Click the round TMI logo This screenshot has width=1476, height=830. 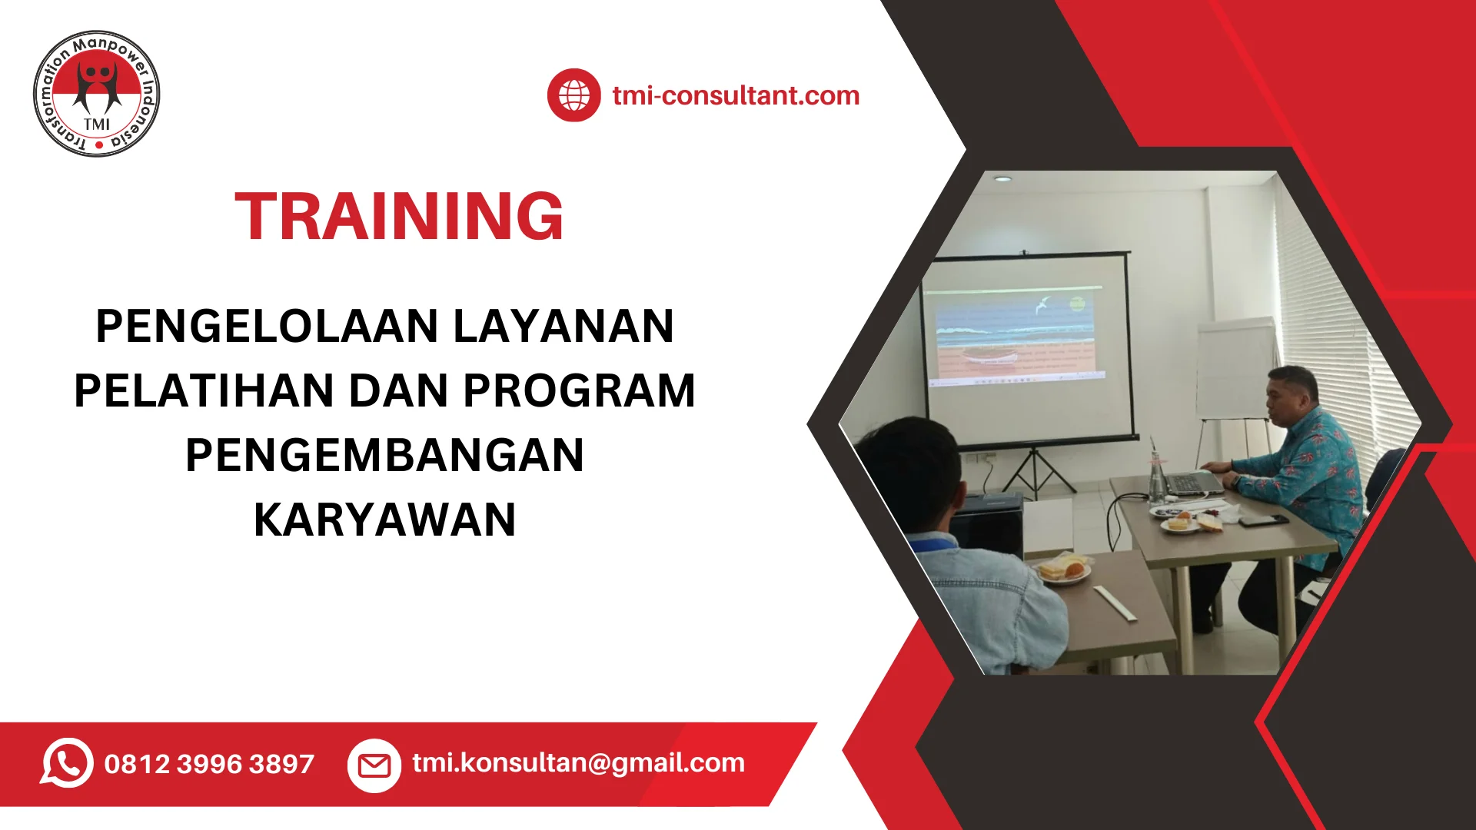click(x=97, y=94)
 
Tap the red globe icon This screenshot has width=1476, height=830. click(x=573, y=95)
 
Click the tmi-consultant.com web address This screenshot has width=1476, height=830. click(x=736, y=95)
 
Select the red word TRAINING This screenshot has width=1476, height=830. click(x=399, y=216)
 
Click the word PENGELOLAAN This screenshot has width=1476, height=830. click(x=267, y=326)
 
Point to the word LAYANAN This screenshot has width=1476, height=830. click(x=563, y=326)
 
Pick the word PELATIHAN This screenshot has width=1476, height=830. click(x=204, y=390)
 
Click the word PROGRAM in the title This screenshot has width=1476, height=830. click(x=580, y=390)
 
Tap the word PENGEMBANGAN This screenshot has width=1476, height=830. click(x=384, y=455)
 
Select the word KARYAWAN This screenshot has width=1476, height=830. click(x=384, y=520)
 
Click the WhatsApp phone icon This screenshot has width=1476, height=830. click(x=67, y=763)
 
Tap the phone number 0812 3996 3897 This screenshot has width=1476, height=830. click(x=209, y=764)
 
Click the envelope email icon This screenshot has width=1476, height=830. click(x=374, y=765)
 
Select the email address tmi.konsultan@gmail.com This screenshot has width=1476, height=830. click(x=578, y=763)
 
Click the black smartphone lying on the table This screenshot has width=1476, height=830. click(x=1262, y=520)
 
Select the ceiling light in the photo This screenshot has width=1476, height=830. click(x=1002, y=178)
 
